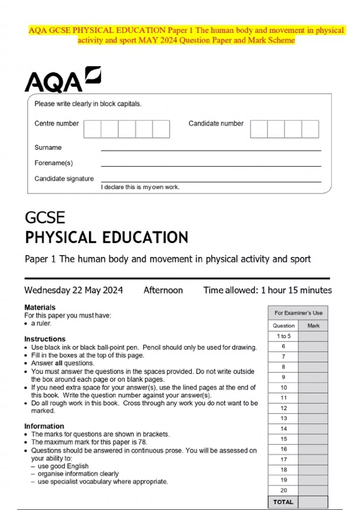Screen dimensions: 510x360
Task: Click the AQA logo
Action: [x=62, y=80]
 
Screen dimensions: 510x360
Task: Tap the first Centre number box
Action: [x=92, y=129]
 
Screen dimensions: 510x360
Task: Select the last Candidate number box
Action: [x=310, y=129]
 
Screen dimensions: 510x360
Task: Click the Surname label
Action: [x=48, y=148]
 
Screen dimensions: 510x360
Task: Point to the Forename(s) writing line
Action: [x=211, y=165]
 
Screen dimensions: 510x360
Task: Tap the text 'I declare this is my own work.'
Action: [x=140, y=187]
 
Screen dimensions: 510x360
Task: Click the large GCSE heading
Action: [x=45, y=218]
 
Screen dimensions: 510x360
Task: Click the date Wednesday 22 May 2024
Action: [x=73, y=290]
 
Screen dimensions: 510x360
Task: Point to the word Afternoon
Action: [x=163, y=290]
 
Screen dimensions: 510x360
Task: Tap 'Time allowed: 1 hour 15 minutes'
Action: [x=267, y=290]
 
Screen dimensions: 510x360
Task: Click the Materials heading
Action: [x=40, y=307]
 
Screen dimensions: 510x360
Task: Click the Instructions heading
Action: [x=45, y=339]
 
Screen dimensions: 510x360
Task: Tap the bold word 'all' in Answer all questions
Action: [x=58, y=363]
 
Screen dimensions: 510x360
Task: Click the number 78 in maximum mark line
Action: [x=142, y=442]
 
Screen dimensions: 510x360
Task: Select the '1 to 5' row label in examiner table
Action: [x=283, y=336]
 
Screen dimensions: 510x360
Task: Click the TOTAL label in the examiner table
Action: [x=283, y=502]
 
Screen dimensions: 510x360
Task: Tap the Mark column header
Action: [x=313, y=326]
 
